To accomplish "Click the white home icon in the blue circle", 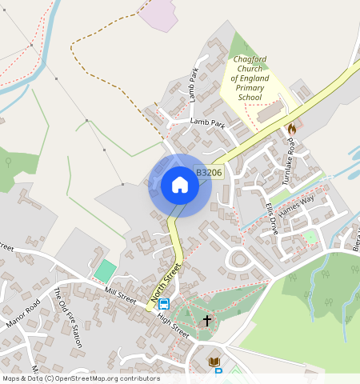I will pyautogui.click(x=180, y=186).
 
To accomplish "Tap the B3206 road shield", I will pyautogui.click(x=208, y=172).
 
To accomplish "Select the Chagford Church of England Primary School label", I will pyautogui.click(x=249, y=78).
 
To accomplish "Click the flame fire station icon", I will pyautogui.click(x=291, y=128).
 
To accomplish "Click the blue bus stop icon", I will pyautogui.click(x=164, y=304).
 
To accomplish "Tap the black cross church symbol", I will pyautogui.click(x=207, y=321).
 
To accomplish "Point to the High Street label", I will pyautogui.click(x=174, y=325).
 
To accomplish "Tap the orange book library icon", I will pyautogui.click(x=214, y=363).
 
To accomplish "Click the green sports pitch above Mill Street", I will pyautogui.click(x=105, y=270).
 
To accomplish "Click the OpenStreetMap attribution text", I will pyautogui.click(x=80, y=378).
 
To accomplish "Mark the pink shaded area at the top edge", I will pyautogui.click(x=160, y=14).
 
